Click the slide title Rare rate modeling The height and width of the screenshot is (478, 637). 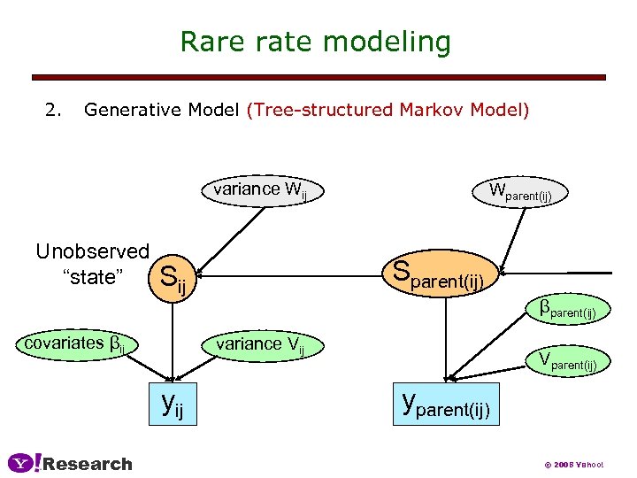tap(315, 42)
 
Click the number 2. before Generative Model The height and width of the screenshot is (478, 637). tap(54, 111)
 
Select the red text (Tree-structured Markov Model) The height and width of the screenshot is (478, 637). tap(388, 111)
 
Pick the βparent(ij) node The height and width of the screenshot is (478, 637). tap(572, 311)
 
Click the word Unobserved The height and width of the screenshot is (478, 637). tap(92, 251)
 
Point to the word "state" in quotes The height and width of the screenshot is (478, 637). tap(92, 277)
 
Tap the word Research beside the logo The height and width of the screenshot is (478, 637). tap(88, 464)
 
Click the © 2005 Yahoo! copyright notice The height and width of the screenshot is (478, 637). tap(573, 466)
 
